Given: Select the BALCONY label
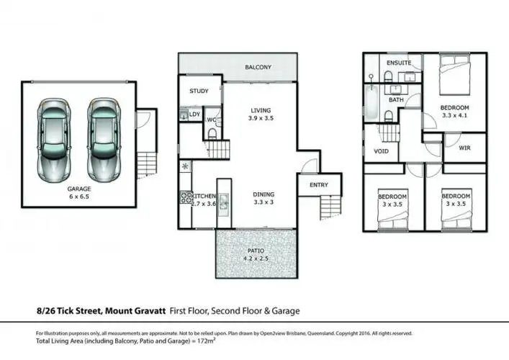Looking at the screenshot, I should click(258, 67).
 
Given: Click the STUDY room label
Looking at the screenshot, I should click(199, 91).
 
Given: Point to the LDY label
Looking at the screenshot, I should click(194, 114).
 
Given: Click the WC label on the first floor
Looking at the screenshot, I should click(212, 120).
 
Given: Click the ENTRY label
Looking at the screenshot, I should click(318, 185).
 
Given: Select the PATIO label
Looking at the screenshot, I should click(256, 251).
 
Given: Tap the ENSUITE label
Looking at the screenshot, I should click(398, 63).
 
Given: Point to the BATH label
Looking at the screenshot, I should click(396, 100).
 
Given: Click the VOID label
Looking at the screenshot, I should click(382, 152).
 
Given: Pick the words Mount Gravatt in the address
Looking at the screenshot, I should click(136, 311).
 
